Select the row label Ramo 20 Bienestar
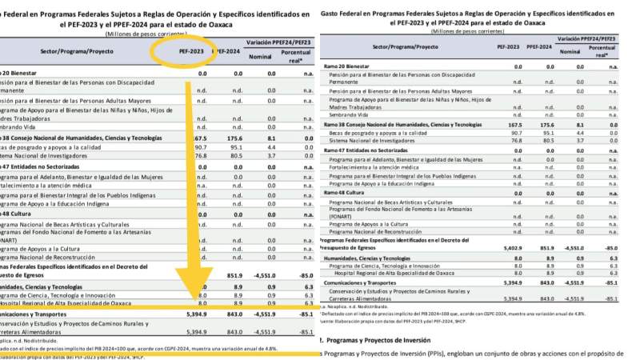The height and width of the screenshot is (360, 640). point(347,65)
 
